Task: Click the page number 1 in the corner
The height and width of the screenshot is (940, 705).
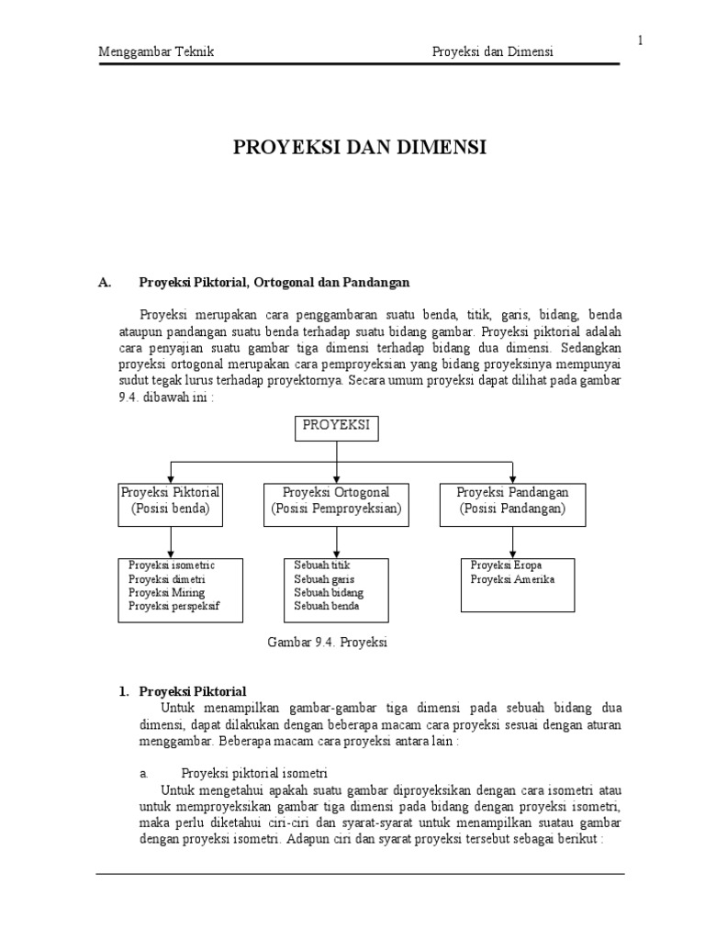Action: [640, 39]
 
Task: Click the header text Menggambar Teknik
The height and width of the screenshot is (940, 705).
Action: [156, 52]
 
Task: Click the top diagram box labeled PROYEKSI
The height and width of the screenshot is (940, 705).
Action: [337, 428]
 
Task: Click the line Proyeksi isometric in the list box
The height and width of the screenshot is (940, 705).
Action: [172, 565]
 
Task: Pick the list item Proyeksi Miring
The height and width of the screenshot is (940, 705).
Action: [166, 592]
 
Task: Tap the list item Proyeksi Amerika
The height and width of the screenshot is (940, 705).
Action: [512, 579]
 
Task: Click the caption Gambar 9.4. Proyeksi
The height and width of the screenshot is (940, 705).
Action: [327, 643]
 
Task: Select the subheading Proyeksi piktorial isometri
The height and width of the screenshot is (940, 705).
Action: [254, 772]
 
